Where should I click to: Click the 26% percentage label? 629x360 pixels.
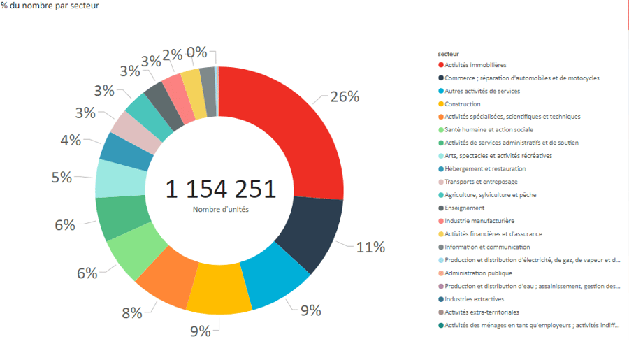[345, 97]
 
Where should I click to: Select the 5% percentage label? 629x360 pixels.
[62, 178]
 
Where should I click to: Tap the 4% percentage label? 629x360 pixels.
[71, 140]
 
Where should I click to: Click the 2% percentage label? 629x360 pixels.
[173, 55]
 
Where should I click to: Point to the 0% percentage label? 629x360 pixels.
[196, 52]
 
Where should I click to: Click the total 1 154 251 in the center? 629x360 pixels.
[220, 189]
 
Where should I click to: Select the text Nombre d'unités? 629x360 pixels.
[220, 210]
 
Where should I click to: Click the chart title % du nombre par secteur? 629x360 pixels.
[50, 6]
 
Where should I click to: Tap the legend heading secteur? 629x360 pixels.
[448, 53]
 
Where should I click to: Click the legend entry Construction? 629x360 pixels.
[462, 104]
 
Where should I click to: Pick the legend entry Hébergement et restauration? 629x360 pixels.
[485, 168]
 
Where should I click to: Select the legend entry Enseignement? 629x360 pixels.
[465, 208]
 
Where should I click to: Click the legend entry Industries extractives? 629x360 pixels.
[474, 299]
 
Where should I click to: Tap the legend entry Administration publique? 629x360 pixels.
[478, 273]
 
